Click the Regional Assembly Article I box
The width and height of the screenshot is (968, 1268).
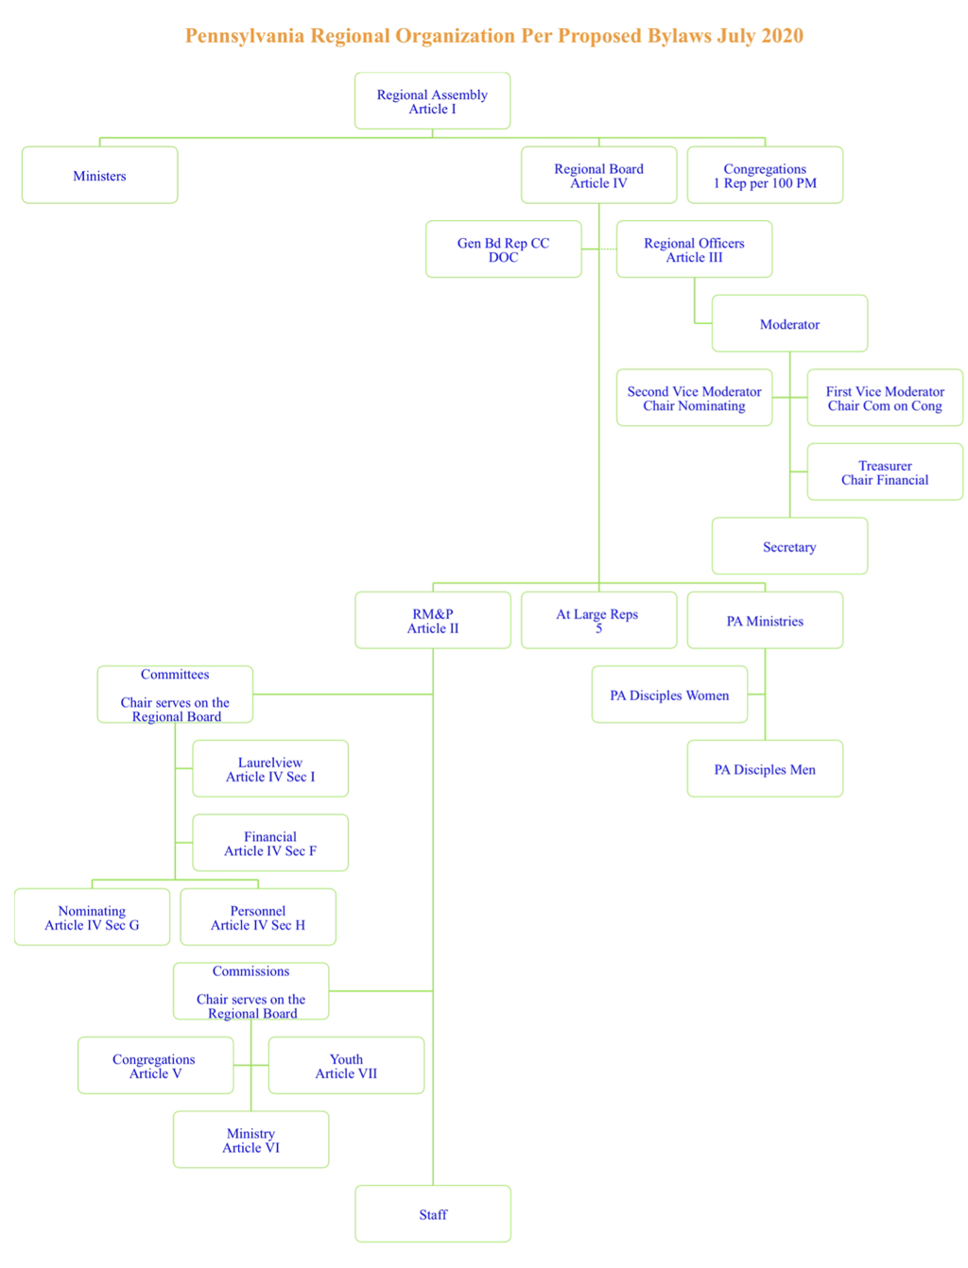[432, 101]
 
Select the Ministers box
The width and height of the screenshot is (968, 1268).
[99, 175]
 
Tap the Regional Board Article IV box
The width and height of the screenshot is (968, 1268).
[598, 175]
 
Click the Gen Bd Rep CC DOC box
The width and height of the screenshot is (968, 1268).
[503, 249]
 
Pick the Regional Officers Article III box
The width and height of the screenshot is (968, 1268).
[694, 249]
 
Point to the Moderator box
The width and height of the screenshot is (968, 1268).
[789, 323]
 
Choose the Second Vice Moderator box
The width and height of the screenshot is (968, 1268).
[694, 398]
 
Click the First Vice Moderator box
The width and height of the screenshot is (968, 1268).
[885, 398]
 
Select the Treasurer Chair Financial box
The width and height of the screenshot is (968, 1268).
[885, 471]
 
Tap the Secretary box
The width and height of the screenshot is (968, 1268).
[789, 546]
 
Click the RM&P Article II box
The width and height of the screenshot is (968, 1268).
[433, 620]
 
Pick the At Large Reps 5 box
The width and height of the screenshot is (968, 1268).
[598, 620]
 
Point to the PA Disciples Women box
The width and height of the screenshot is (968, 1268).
[669, 694]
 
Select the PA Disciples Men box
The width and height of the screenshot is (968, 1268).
[765, 768]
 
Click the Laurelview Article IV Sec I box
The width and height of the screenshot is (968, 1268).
[270, 768]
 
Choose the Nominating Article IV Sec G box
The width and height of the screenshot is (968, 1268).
[92, 917]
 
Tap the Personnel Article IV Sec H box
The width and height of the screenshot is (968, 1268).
[258, 917]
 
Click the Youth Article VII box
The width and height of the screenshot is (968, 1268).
[346, 1065]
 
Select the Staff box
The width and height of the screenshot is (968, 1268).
[433, 1213]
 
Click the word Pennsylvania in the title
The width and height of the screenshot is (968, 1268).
[245, 36]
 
